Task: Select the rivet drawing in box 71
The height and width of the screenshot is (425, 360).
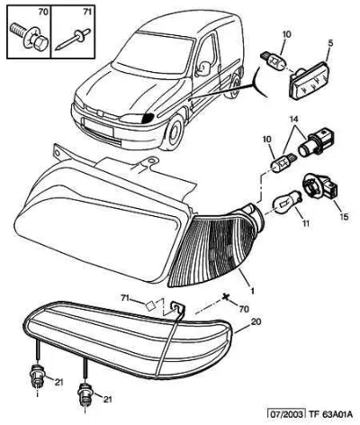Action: tap(73, 39)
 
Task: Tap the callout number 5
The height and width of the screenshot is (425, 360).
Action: tap(330, 42)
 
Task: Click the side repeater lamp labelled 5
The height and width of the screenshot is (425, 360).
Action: tap(309, 80)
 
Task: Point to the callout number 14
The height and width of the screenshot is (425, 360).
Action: tap(294, 119)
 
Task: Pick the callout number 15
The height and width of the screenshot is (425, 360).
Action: tap(344, 216)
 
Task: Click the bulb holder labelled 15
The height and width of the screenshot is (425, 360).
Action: tap(320, 187)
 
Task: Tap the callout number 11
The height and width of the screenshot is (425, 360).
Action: tap(306, 223)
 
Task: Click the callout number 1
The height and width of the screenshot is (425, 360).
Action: tap(252, 291)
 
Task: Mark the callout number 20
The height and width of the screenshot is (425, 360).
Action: tap(256, 321)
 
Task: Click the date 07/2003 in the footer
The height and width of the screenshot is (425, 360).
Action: tap(286, 414)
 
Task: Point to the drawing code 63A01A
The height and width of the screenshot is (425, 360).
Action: tap(337, 414)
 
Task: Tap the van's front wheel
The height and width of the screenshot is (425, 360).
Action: tap(174, 131)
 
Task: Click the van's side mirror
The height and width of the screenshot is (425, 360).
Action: tap(203, 68)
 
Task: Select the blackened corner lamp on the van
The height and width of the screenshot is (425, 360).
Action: tap(148, 119)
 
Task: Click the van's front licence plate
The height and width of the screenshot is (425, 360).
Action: tap(98, 126)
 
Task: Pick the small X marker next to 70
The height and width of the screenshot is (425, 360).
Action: tap(226, 297)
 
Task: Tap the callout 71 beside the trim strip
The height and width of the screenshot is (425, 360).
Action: tap(125, 298)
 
